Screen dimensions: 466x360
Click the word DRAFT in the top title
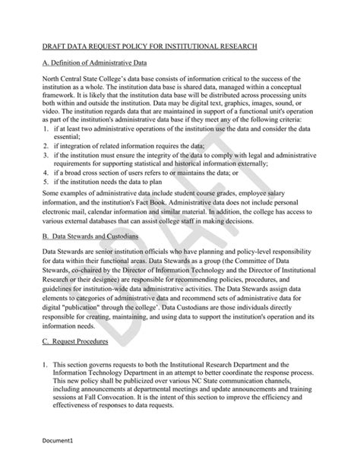(x=55, y=46)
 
